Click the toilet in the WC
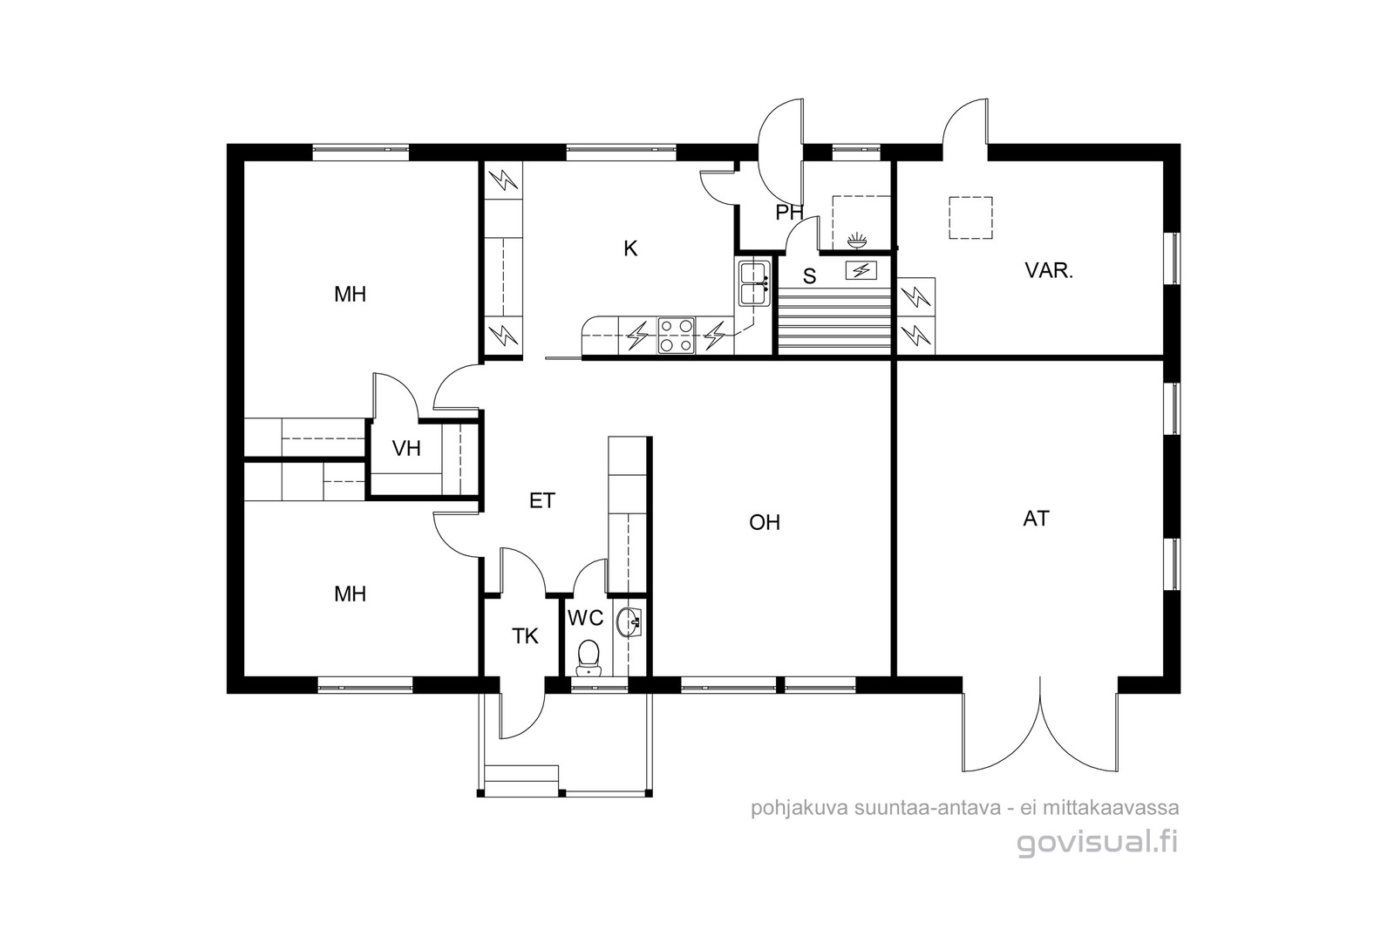[589, 655]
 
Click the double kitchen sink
[752, 282]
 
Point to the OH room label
[765, 523]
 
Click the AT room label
[1036, 519]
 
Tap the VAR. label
[1049, 271]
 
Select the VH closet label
[406, 449]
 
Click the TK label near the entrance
[525, 637]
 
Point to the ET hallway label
[542, 501]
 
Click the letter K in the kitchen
[630, 249]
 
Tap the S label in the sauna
[809, 277]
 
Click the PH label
[789, 213]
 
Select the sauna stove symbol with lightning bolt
[861, 271]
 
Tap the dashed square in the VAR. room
[970, 217]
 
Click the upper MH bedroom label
[350, 295]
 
